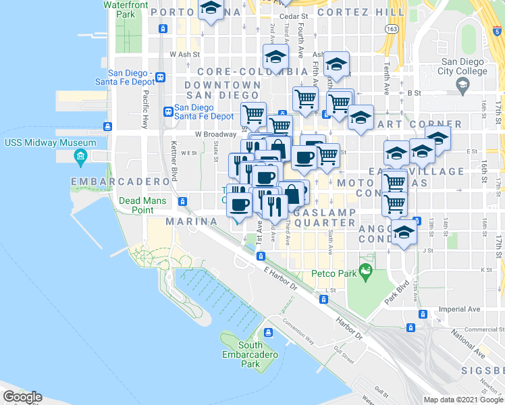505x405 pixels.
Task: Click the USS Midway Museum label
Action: pyautogui.click(x=50, y=143)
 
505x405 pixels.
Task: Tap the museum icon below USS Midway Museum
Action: pyautogui.click(x=80, y=157)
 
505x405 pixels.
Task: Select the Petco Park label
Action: pyautogui.click(x=333, y=274)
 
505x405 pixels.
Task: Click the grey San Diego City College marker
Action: pyautogui.click(x=462, y=84)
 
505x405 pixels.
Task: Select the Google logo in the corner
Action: pyautogui.click(x=22, y=397)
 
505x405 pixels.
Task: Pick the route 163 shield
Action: pyautogui.click(x=391, y=28)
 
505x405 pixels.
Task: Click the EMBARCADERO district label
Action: pyautogui.click(x=119, y=182)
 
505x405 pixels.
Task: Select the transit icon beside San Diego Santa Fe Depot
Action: pyautogui.click(x=168, y=111)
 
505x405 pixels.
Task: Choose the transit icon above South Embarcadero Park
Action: pyautogui.click(x=269, y=332)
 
